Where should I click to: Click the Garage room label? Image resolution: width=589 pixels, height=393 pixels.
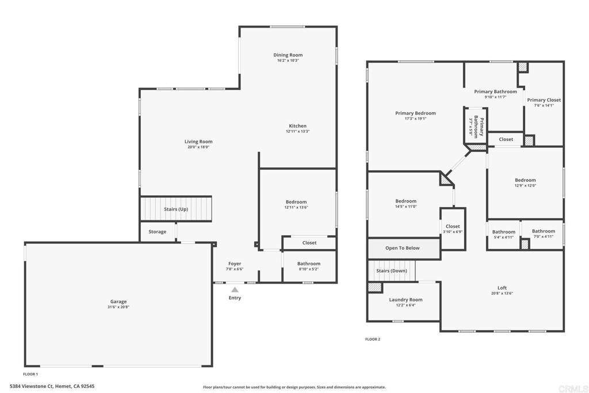point(118,302)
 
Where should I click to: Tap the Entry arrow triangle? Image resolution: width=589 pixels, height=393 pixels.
point(235,290)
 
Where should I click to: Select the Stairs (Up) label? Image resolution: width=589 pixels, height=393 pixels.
point(176,209)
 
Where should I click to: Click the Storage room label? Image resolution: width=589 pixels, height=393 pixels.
point(157,232)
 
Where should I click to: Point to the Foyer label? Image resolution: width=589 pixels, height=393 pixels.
point(235,264)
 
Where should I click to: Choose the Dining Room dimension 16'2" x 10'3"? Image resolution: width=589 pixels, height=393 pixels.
point(288,60)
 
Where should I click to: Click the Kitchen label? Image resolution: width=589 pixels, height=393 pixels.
point(297,126)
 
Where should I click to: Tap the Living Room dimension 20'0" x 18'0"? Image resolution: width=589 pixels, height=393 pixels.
point(198,147)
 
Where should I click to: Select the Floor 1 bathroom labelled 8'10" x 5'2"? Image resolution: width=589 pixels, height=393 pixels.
point(309,266)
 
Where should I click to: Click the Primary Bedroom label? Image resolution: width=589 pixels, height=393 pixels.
point(415,113)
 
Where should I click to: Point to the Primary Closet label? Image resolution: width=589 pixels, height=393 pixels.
point(544,100)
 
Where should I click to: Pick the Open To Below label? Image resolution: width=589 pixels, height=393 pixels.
point(402,248)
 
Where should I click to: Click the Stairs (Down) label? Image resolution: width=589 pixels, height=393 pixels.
point(392,270)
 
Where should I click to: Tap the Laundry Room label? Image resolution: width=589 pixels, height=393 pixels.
point(406,300)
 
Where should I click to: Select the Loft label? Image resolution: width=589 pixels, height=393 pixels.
point(502,288)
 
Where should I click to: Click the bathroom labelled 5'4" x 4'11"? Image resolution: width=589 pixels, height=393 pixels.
point(503,234)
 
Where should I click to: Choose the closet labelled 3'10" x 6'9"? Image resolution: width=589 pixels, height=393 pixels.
point(453,229)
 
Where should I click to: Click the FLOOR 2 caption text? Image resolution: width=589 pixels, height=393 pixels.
point(373,339)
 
